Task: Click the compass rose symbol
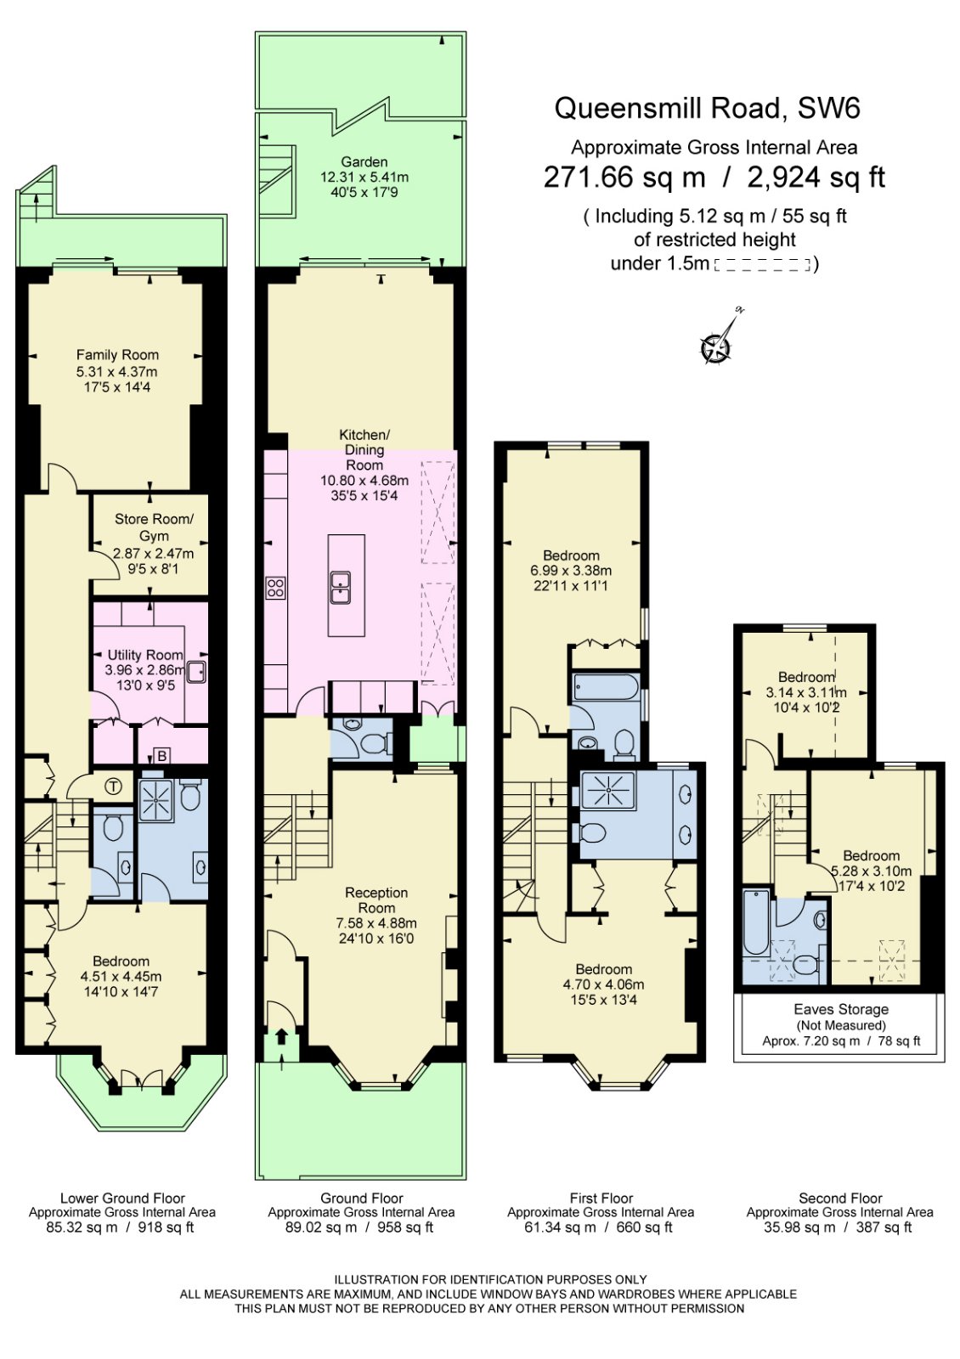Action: [716, 347]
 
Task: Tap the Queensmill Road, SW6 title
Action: [707, 108]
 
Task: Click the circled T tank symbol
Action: [113, 787]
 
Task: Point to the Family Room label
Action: [117, 355]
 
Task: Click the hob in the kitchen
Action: [275, 587]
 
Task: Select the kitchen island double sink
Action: [341, 587]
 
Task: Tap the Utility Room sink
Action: [196, 672]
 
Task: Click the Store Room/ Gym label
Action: [154, 527]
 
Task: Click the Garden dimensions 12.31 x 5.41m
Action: [364, 178]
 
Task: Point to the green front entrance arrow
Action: [281, 1038]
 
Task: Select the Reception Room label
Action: [376, 899]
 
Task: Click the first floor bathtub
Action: [606, 686]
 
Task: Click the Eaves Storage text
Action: [841, 1009]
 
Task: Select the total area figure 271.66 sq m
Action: [624, 177]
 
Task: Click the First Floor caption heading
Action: [601, 1198]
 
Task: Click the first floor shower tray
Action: [608, 790]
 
